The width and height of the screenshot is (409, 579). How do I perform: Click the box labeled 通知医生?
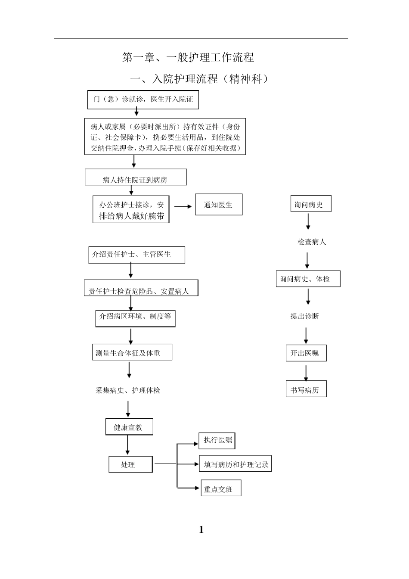pos(219,205)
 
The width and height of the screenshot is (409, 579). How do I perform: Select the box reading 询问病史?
pos(310,205)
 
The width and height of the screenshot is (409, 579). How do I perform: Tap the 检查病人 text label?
pos(312,242)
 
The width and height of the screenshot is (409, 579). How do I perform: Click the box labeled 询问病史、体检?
pos(308,279)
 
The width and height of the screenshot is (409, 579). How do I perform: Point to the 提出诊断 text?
pos(305,316)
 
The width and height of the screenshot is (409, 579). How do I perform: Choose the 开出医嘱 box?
pos(306,353)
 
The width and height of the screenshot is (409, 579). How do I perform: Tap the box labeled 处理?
pos(130,464)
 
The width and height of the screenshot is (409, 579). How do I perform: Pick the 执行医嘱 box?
pos(217,440)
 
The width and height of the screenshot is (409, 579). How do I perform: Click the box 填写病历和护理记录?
pos(235,464)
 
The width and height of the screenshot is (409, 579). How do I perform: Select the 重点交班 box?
pos(221,489)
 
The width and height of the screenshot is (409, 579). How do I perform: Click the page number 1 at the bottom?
pos(201,529)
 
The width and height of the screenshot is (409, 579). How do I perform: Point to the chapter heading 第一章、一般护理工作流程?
pos(188,57)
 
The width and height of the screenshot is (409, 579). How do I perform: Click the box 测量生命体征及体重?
pos(132,352)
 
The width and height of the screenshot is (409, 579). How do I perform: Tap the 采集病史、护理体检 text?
pos(128,390)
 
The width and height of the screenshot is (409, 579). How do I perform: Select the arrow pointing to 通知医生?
pos(183,206)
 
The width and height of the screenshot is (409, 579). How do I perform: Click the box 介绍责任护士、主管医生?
pos(136,255)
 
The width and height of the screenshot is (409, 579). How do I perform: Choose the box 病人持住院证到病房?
pos(136,177)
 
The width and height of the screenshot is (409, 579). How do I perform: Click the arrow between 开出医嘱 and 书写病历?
pos(306,373)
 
